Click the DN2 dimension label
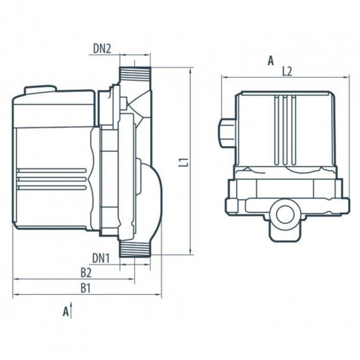[x=102, y=49]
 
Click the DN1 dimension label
[x=101, y=258]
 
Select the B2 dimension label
[x=86, y=273]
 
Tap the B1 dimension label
[x=85, y=288]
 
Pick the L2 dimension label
[x=287, y=71]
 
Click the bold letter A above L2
[x=271, y=61]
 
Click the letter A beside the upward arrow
[x=66, y=311]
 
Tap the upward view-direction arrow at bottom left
[x=71, y=310]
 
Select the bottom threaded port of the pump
[x=135, y=249]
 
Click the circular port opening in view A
[x=285, y=215]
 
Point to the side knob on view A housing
[x=227, y=133]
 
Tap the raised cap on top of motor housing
[x=41, y=90]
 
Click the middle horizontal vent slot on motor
[x=52, y=179]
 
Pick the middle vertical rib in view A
[x=285, y=130]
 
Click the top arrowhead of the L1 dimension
[x=190, y=71]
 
